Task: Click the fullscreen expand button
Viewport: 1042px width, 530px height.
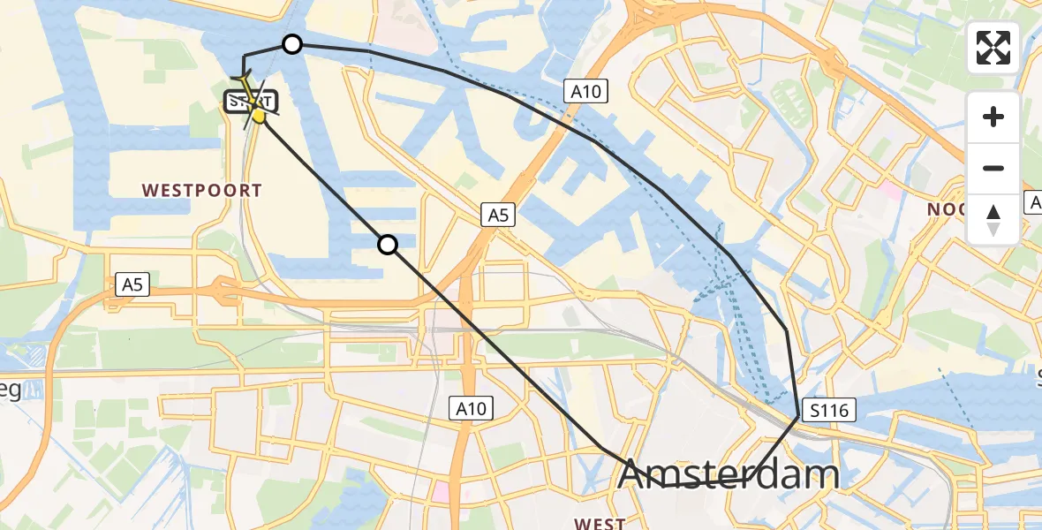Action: coord(993,48)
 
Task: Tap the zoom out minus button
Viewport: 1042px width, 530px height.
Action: coord(993,168)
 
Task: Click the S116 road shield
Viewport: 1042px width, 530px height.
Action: coord(827,410)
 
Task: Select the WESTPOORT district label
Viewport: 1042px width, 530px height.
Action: coord(201,190)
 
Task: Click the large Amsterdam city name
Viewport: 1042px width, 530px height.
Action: coord(728,475)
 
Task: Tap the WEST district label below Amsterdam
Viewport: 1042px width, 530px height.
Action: coord(600,523)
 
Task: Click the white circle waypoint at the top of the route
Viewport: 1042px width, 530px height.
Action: coord(291,44)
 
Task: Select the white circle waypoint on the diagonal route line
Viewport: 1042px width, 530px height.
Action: coord(388,245)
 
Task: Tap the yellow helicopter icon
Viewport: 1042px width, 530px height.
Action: coord(257,110)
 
